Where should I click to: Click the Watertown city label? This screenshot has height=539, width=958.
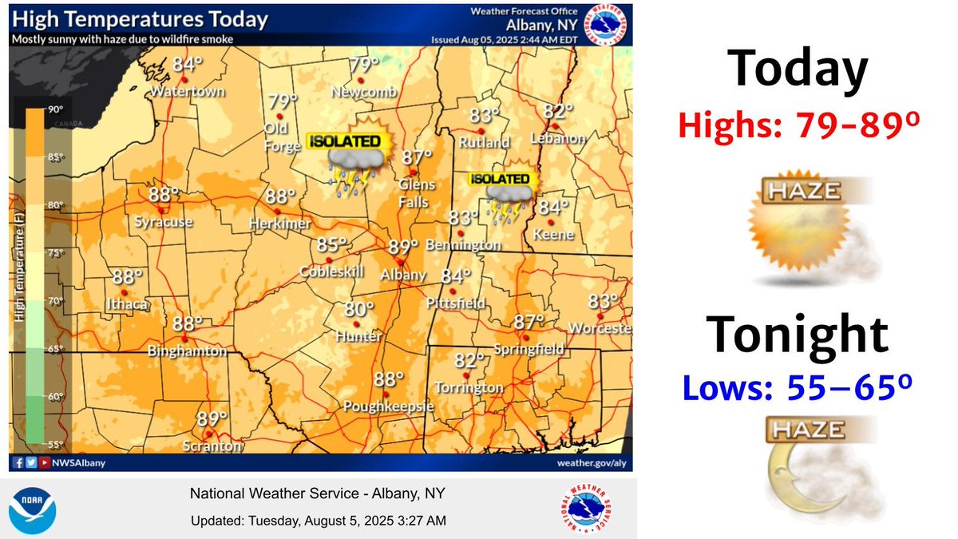pos(189,92)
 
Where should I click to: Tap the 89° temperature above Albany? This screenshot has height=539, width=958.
pos(403,247)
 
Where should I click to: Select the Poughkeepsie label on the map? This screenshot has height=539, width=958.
pos(388,407)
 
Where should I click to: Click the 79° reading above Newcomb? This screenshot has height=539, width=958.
pos(364,65)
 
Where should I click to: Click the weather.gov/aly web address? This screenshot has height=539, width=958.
pos(587,462)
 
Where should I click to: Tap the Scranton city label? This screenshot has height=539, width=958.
pos(211,446)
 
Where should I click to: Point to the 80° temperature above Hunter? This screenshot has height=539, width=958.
pos(359,309)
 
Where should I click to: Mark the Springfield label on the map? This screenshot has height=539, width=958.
pos(529,350)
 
